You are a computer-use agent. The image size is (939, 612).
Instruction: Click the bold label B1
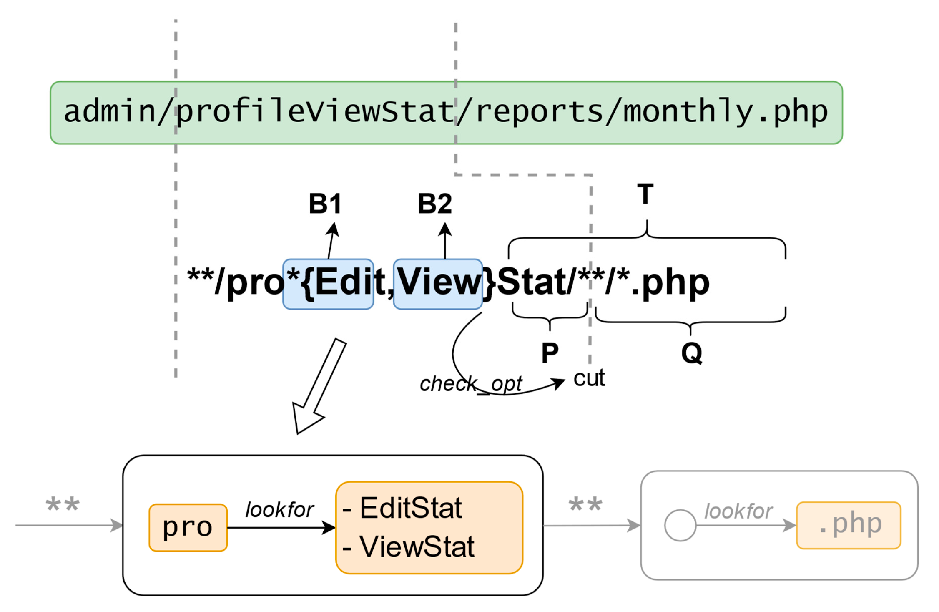click(325, 204)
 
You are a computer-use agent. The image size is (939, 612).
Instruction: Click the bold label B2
click(435, 204)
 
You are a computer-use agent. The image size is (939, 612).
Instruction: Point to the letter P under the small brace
click(550, 353)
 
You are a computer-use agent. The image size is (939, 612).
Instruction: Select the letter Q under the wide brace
click(691, 353)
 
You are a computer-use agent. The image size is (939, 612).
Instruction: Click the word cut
click(589, 378)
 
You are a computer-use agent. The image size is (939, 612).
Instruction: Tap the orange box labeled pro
click(188, 527)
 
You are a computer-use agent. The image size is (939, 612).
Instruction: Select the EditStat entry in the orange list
click(410, 508)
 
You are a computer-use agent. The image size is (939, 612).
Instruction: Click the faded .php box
click(848, 525)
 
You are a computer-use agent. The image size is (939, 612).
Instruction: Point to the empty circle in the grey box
click(680, 525)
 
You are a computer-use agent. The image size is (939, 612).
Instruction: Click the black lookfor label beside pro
click(279, 510)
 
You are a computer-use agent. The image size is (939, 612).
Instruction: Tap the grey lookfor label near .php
click(738, 511)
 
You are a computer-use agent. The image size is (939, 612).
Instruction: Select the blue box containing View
click(438, 284)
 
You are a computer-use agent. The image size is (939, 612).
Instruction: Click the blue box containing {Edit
click(328, 284)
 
